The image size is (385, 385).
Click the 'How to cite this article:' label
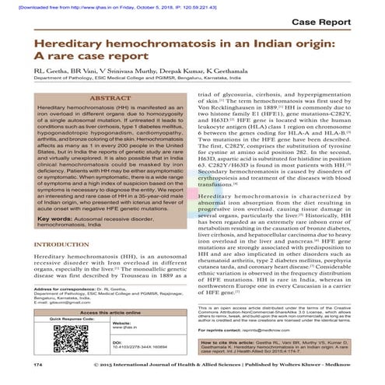point(236,340)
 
